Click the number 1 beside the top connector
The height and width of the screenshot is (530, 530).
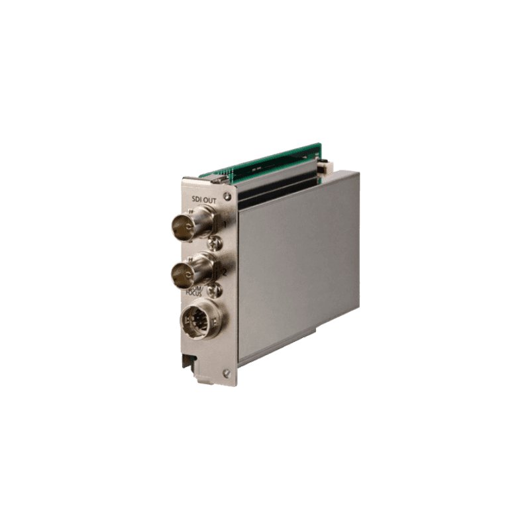pos(225,225)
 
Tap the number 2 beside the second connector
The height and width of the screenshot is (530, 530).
pos(225,272)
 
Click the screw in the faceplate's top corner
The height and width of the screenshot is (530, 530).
pos(228,196)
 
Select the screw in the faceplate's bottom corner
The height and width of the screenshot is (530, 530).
pos(227,374)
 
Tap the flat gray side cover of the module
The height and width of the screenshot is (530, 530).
pos(298,265)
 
